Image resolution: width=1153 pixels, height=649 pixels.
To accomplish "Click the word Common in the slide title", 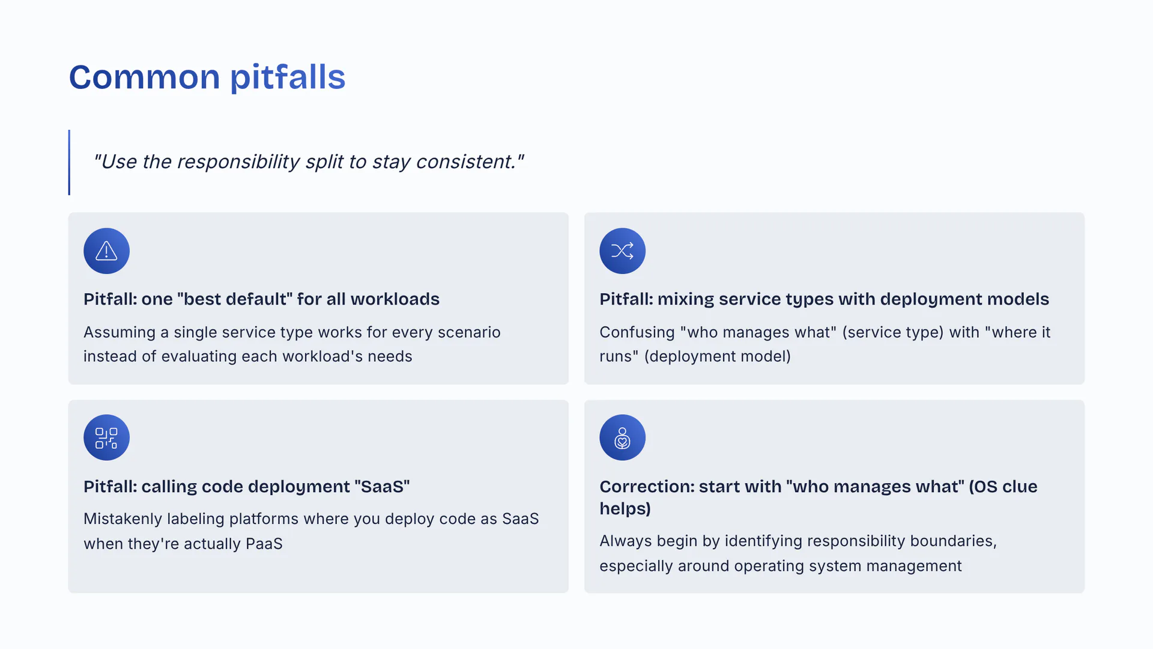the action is (145, 78).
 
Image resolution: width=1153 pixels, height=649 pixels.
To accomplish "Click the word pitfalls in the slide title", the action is (288, 77).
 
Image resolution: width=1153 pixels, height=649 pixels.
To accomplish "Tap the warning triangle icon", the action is (106, 251).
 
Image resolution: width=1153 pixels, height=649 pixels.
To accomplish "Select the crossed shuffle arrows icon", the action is (622, 251).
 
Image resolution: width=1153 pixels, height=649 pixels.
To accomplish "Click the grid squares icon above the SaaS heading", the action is (106, 438).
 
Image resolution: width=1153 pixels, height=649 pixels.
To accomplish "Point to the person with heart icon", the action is (622, 438).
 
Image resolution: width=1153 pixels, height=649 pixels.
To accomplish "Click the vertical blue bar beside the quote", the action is (69, 162).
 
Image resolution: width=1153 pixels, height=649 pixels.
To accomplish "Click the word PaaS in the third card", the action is (264, 544).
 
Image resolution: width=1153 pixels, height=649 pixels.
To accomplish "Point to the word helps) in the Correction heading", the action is (625, 509).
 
